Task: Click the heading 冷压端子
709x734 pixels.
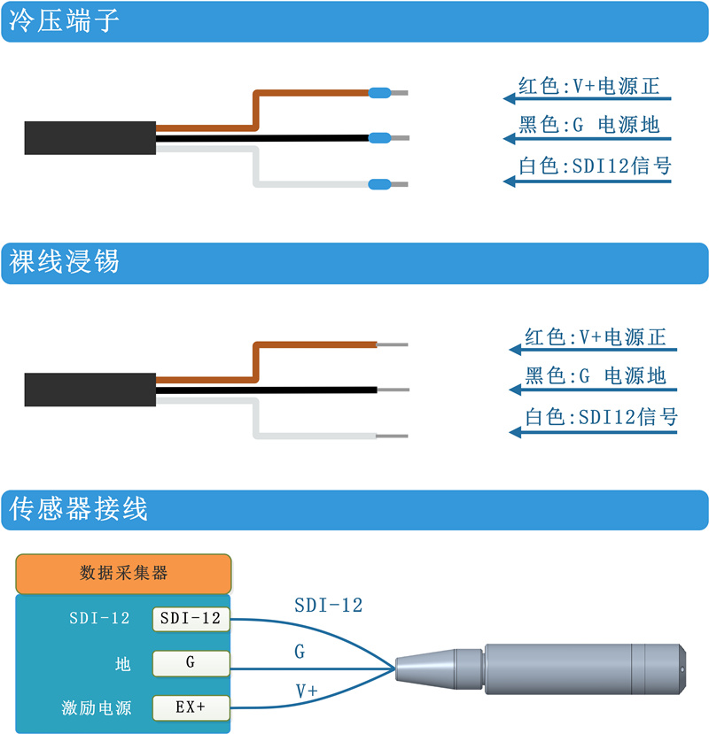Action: tap(64, 21)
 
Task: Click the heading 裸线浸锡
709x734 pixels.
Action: tap(64, 261)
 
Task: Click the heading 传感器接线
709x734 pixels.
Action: tap(78, 509)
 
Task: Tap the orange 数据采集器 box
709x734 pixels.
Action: tap(123, 574)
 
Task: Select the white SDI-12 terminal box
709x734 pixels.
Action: tap(191, 619)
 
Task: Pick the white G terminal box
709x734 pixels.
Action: tap(191, 663)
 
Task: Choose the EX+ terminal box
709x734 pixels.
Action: tap(191, 707)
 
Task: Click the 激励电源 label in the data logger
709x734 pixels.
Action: tap(96, 707)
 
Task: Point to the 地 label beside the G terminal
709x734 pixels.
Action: tap(123, 664)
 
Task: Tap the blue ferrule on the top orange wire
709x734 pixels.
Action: tap(379, 93)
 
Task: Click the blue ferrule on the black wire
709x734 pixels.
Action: tap(379, 138)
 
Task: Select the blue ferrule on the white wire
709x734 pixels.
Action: tap(379, 184)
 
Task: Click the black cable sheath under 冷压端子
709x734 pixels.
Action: tap(90, 138)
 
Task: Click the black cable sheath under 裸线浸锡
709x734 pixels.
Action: tap(90, 390)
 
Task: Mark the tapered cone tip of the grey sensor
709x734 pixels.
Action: tap(425, 668)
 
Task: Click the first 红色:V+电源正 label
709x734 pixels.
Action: tap(589, 87)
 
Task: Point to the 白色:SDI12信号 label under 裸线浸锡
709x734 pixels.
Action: tap(601, 417)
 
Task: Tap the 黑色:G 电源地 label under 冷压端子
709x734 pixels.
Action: tap(589, 126)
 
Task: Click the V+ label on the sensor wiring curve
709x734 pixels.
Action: tap(307, 691)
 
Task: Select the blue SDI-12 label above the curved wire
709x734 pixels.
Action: tap(329, 606)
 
